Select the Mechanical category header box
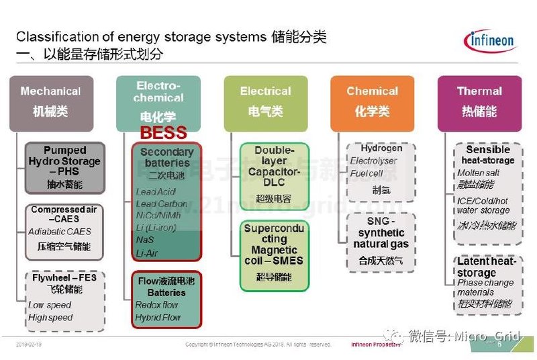click(50, 102)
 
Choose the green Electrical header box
click(265, 102)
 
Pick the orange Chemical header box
click(372, 102)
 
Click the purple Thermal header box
click(479, 102)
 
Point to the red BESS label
click(163, 132)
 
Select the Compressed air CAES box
click(64, 228)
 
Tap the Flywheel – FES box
click(64, 300)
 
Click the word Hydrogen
click(381, 148)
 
